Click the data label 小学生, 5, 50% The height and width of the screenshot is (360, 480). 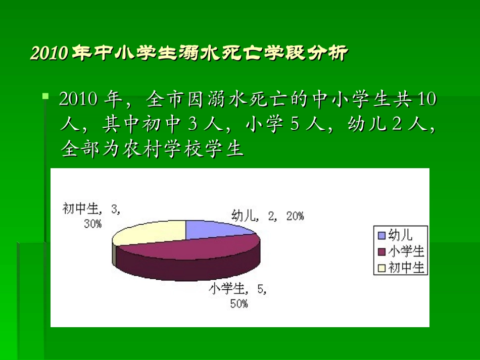[238, 296]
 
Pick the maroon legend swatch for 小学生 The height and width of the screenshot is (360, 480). [381, 251]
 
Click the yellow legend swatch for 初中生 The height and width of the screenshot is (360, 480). [381, 268]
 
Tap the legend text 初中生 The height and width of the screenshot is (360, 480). [406, 268]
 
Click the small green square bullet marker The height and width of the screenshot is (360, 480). [45, 95]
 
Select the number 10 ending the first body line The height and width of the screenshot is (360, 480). [427, 99]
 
